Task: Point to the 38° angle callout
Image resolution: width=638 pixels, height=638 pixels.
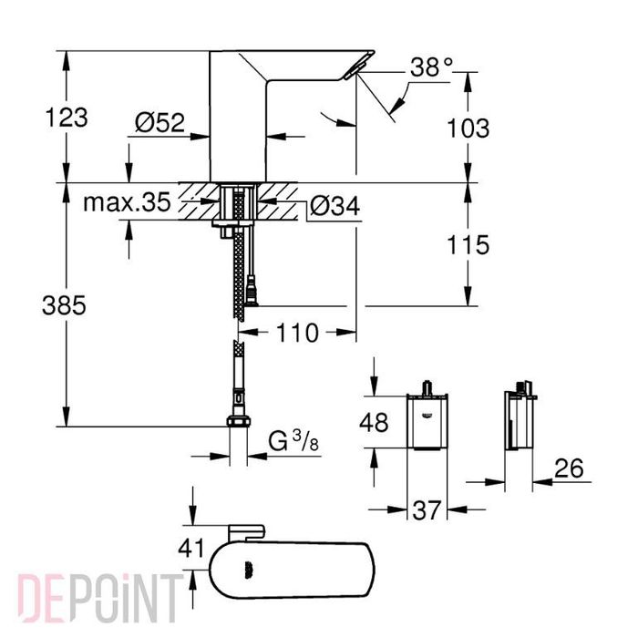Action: pyautogui.click(x=430, y=68)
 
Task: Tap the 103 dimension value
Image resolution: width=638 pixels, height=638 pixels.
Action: pyautogui.click(x=468, y=128)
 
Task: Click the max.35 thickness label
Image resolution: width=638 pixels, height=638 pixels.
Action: pyautogui.click(x=127, y=203)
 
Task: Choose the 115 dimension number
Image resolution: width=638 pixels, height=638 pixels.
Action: pyautogui.click(x=468, y=244)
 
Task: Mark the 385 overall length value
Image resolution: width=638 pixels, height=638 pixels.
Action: pyautogui.click(x=64, y=307)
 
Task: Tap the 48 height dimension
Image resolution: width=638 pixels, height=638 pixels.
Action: pyautogui.click(x=375, y=423)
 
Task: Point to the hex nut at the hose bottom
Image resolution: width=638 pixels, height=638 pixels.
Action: pyautogui.click(x=237, y=420)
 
